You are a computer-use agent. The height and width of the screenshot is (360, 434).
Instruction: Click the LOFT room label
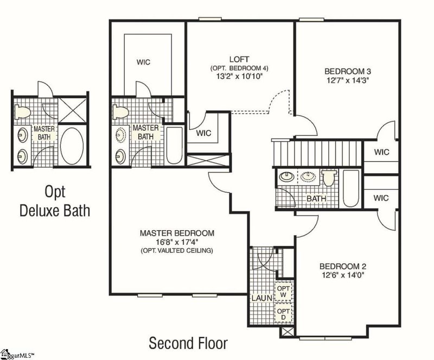click(x=239, y=59)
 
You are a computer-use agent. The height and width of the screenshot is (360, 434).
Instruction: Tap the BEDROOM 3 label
click(x=348, y=71)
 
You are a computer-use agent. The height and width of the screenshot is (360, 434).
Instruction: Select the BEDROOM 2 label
click(x=343, y=266)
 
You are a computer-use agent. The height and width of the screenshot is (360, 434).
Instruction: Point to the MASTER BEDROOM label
click(x=177, y=233)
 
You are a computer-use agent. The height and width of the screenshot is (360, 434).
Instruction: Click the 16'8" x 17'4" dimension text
click(x=177, y=242)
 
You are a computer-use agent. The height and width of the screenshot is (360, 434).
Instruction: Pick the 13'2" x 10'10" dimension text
click(x=239, y=76)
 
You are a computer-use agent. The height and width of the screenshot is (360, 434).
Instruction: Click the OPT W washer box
click(x=283, y=292)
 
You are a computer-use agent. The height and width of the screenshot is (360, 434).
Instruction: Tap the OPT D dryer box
click(x=283, y=313)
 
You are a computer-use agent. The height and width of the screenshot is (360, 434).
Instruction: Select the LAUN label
click(x=262, y=299)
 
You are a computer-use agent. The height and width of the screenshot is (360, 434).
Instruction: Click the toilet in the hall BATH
click(x=329, y=178)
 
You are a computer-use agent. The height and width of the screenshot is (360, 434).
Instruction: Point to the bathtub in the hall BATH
click(x=350, y=188)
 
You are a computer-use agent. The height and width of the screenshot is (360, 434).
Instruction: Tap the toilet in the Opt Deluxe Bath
click(x=22, y=112)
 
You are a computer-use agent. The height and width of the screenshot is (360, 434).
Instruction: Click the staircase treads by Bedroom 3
click(x=317, y=153)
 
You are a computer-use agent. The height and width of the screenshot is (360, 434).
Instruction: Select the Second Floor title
click(x=188, y=343)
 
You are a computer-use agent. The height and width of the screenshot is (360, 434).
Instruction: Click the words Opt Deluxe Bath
click(x=55, y=201)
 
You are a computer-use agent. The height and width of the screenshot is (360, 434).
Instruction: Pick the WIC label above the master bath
click(x=143, y=62)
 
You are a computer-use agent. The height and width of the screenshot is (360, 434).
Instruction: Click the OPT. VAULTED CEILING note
click(x=177, y=250)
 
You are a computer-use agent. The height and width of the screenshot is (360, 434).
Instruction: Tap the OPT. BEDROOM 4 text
click(x=239, y=68)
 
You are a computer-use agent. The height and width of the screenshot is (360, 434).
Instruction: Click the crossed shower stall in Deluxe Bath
click(x=72, y=110)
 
